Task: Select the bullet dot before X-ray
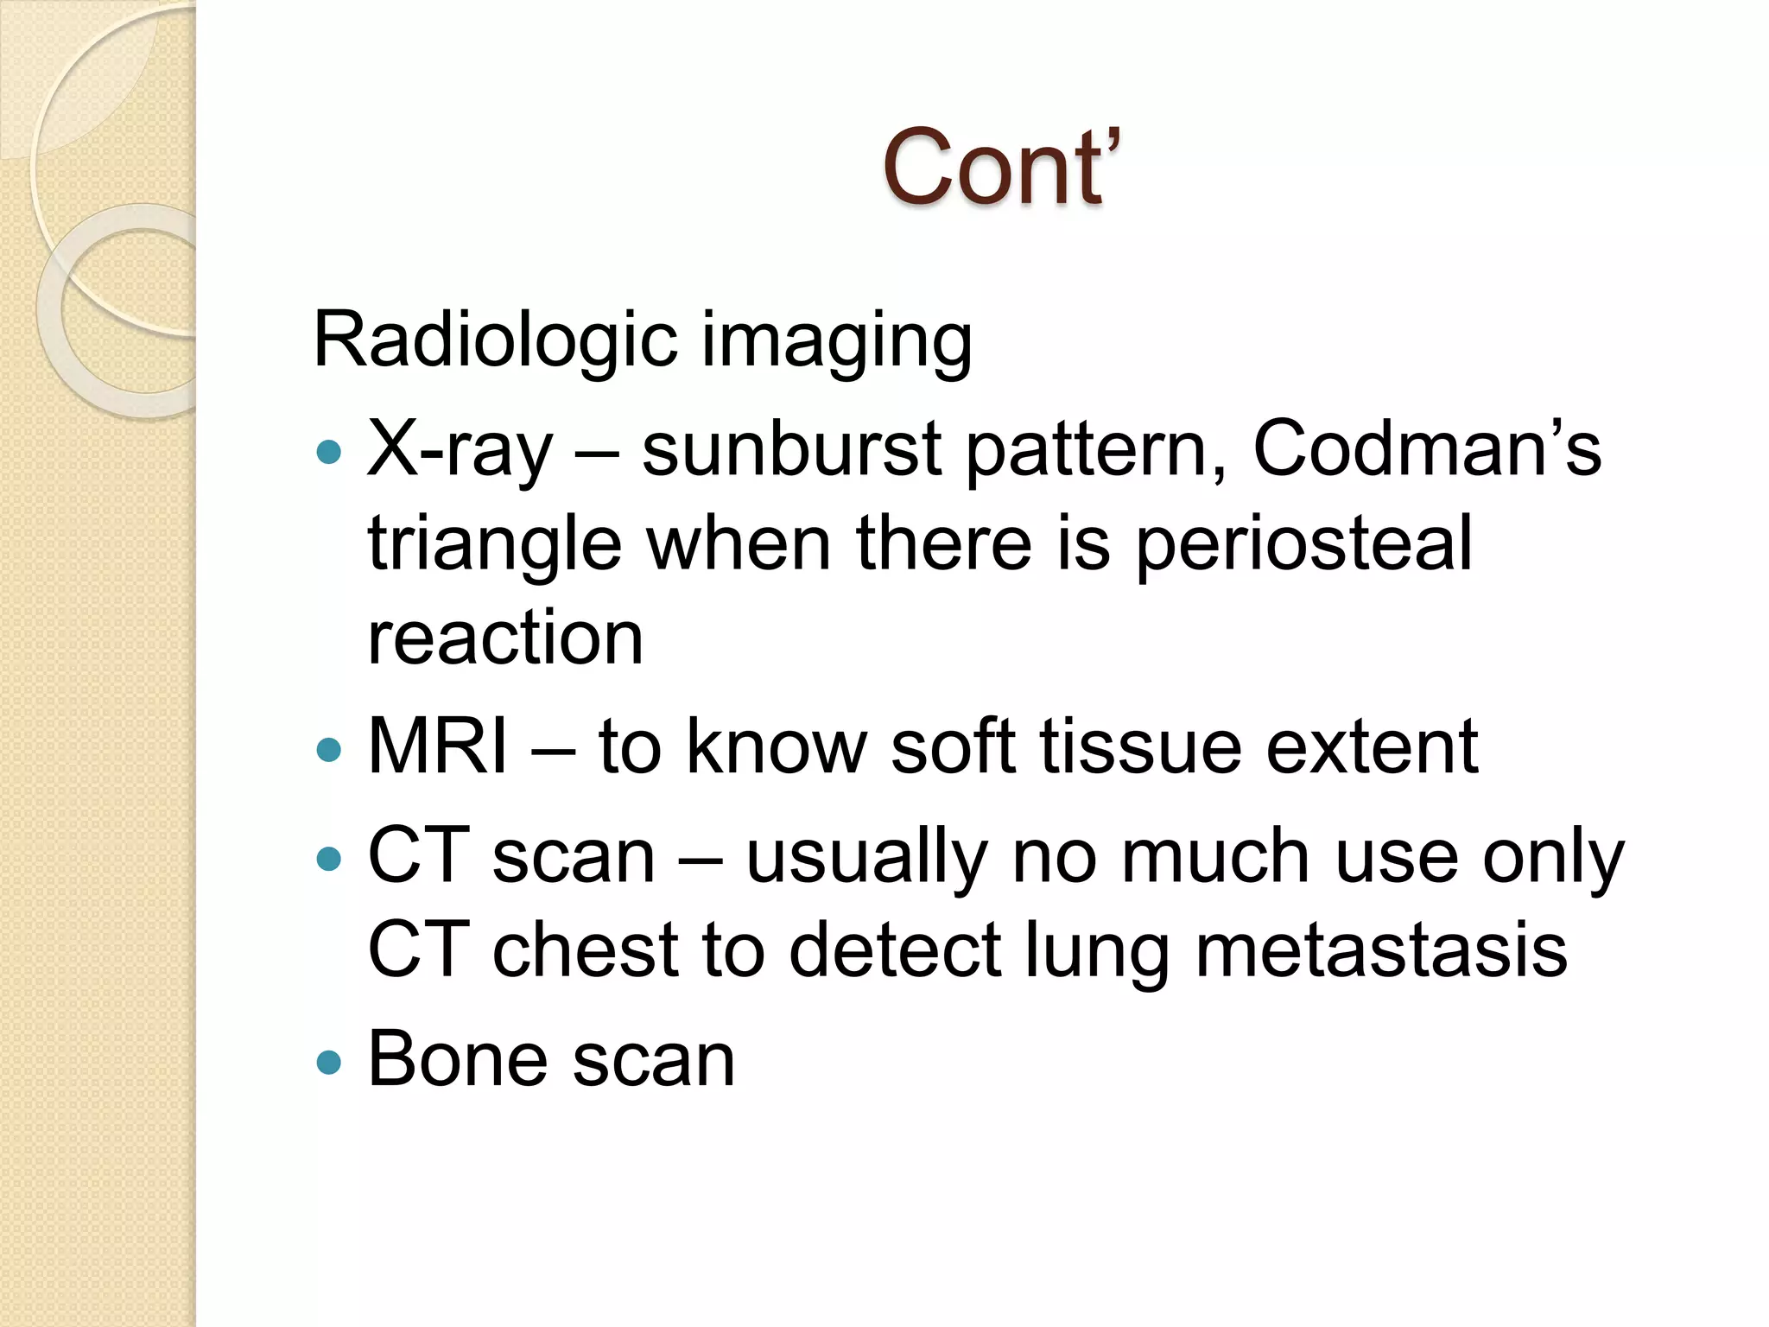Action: pyautogui.click(x=329, y=451)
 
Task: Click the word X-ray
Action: pyautogui.click(x=459, y=450)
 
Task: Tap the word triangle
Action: pyautogui.click(x=495, y=545)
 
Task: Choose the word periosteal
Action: pyautogui.click(x=1303, y=545)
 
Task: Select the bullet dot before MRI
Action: pyautogui.click(x=329, y=748)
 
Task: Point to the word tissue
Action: pyautogui.click(x=1140, y=746)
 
